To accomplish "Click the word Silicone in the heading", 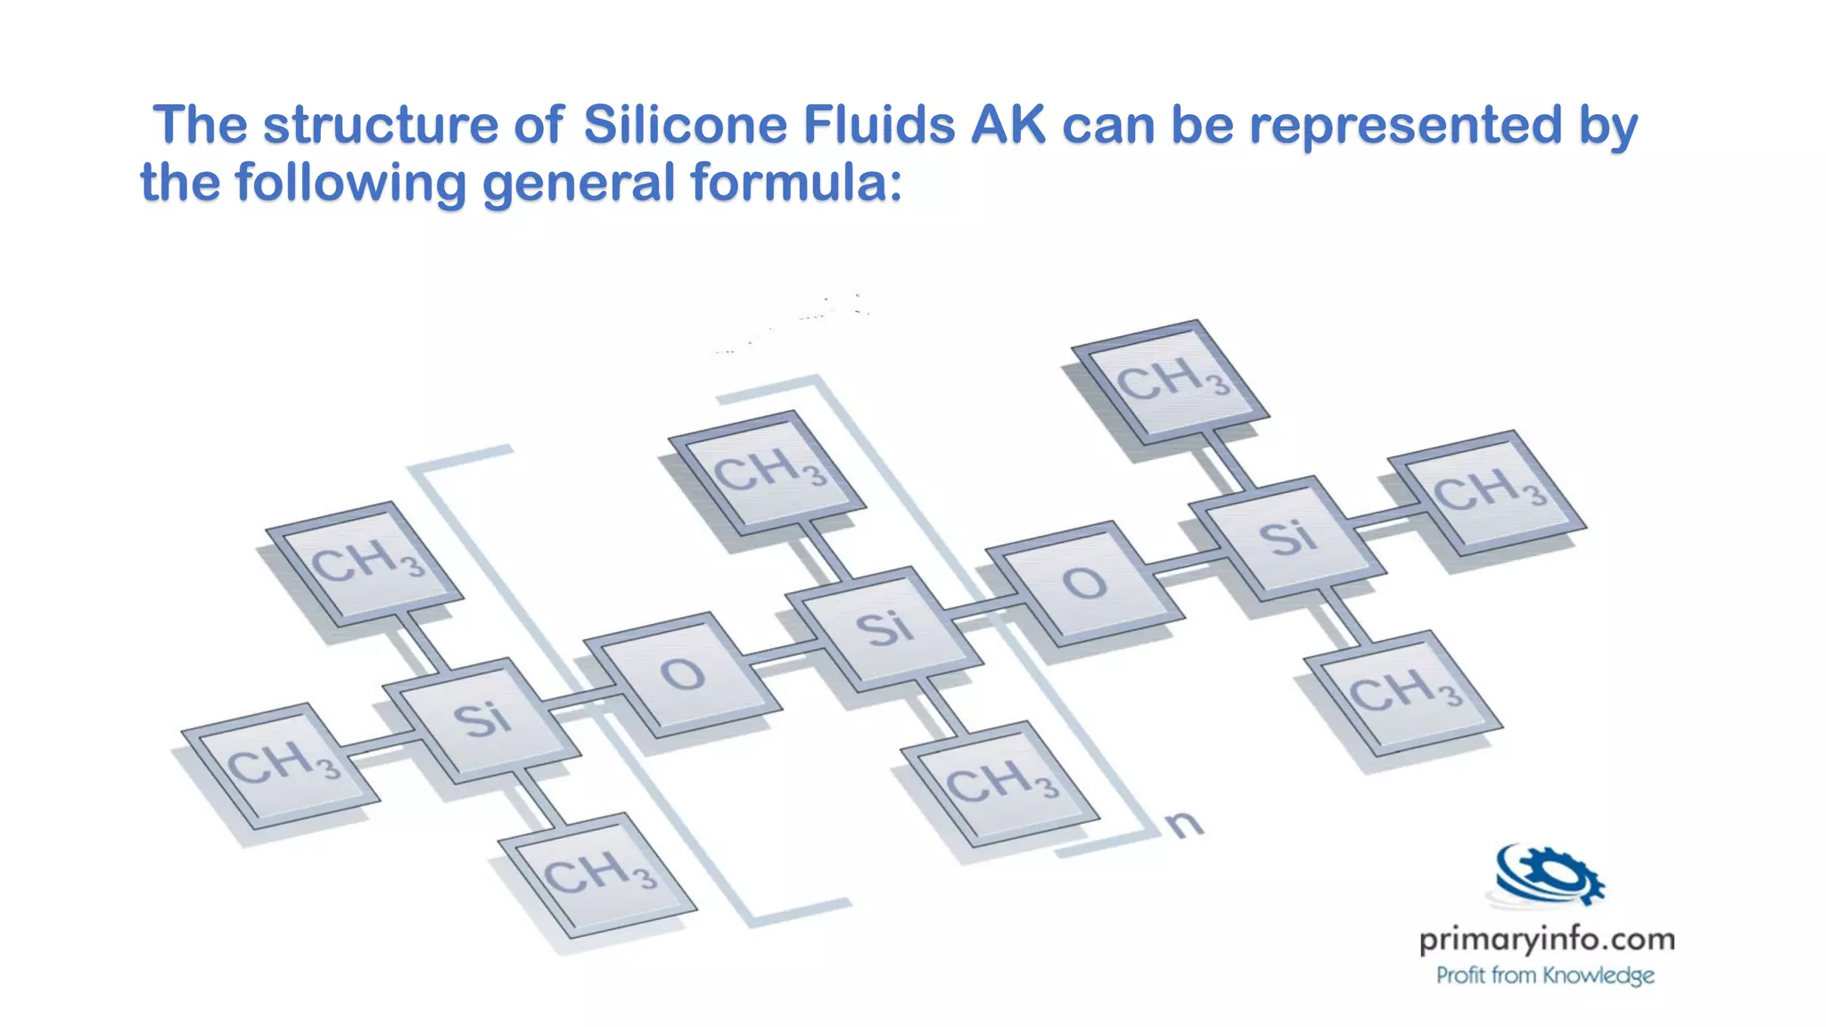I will click(684, 125).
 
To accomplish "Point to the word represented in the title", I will click(1405, 125).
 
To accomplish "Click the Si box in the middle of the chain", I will click(885, 629).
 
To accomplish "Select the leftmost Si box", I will click(481, 720).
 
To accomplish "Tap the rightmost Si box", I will click(1287, 538).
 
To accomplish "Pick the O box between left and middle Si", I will click(682, 675).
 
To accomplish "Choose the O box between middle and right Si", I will click(1084, 584).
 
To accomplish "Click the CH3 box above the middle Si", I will click(768, 472).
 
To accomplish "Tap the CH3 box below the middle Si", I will click(1000, 784).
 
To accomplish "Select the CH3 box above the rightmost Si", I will click(1171, 381).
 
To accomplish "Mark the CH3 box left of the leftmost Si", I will click(281, 766).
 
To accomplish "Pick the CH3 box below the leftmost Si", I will click(597, 875).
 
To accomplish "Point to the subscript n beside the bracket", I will click(1184, 825).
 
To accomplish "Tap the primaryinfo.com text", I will click(1546, 940).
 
